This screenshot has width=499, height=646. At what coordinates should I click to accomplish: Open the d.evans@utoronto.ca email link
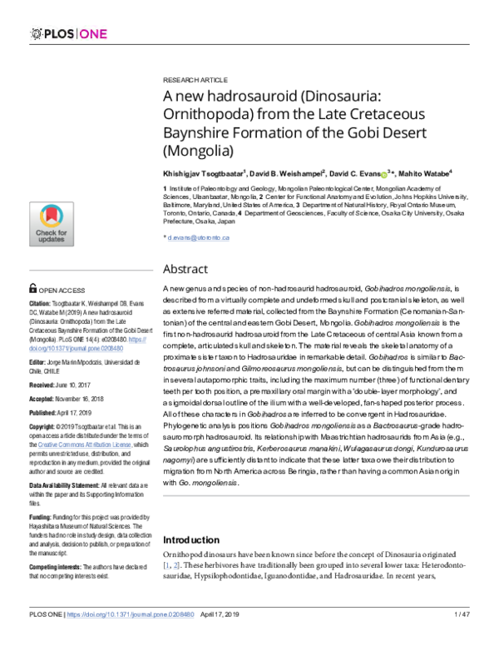coord(198,238)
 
